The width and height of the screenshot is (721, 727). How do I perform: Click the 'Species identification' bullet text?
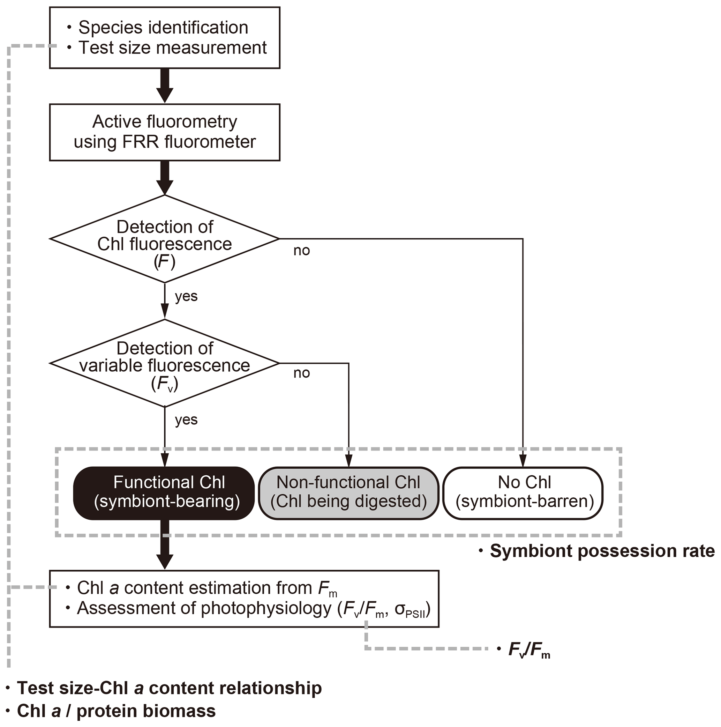tap(163, 28)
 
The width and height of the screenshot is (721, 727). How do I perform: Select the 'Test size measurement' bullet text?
tap(172, 48)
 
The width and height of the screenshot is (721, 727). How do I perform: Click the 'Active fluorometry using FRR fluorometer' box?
tap(165, 132)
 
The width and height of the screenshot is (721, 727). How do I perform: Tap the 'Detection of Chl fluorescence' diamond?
tap(165, 239)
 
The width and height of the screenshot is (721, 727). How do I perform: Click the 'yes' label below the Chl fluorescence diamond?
tap(186, 297)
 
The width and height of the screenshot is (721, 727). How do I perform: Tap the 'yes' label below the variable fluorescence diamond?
tap(186, 420)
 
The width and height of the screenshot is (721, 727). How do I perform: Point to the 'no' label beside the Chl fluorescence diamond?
tap(302, 251)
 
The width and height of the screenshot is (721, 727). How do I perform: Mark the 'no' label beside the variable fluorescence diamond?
tap(302, 373)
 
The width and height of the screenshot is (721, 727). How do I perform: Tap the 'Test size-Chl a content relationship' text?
tap(169, 688)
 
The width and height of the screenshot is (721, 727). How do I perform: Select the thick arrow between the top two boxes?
tap(165, 86)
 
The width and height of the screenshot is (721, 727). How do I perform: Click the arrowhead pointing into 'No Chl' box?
tap(523, 461)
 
